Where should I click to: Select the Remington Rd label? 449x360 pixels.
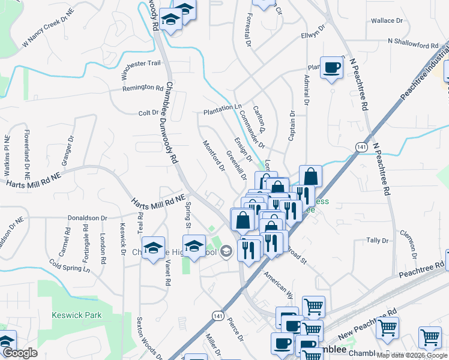tap(143, 88)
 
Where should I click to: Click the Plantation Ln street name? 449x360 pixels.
tap(221, 106)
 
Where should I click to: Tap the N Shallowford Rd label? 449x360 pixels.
tap(414, 45)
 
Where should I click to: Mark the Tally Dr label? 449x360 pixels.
tap(377, 240)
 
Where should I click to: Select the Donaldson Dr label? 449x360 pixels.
tap(87, 218)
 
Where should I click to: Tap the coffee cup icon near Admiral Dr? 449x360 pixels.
tap(331, 68)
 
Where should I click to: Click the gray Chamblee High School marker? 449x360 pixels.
tap(226, 251)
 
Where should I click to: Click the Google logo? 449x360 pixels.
tap(19, 353)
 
